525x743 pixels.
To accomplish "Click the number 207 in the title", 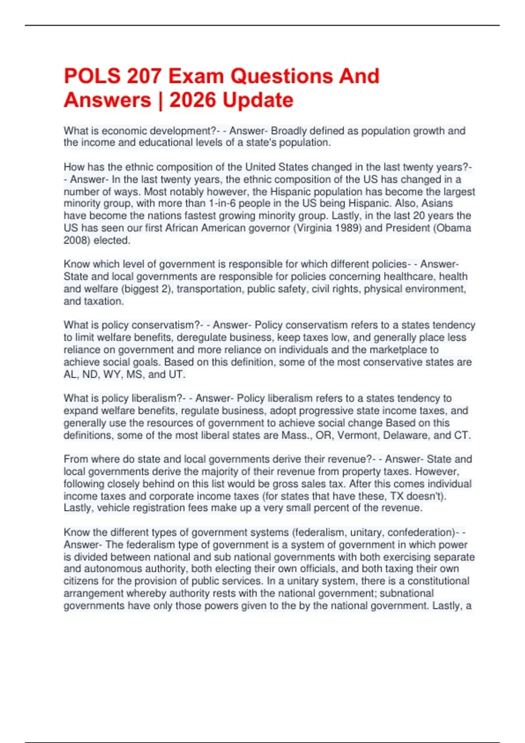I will click(x=143, y=76).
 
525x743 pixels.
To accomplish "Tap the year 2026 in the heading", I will click(x=192, y=100).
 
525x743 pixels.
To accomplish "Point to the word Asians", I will click(x=437, y=203).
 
